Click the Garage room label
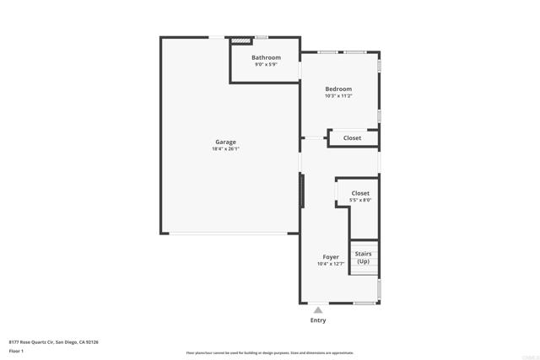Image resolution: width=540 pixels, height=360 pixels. click(224, 142)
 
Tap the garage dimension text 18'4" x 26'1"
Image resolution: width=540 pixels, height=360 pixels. click(226, 149)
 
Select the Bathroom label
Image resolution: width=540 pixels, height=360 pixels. click(266, 57)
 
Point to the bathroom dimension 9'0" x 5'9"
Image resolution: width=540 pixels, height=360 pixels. click(266, 64)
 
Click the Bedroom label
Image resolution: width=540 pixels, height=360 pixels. click(338, 89)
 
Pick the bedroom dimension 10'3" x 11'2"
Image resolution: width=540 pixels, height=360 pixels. click(338, 95)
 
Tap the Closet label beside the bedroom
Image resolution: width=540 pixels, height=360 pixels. click(352, 137)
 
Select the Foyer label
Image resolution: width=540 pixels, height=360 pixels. click(331, 257)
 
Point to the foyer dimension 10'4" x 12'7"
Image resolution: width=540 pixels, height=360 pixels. click(331, 264)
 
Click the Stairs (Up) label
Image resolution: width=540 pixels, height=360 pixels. click(364, 257)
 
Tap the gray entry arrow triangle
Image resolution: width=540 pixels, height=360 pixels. click(318, 310)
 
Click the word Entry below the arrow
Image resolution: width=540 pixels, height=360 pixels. click(318, 320)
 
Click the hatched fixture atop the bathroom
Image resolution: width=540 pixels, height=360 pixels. click(242, 40)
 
